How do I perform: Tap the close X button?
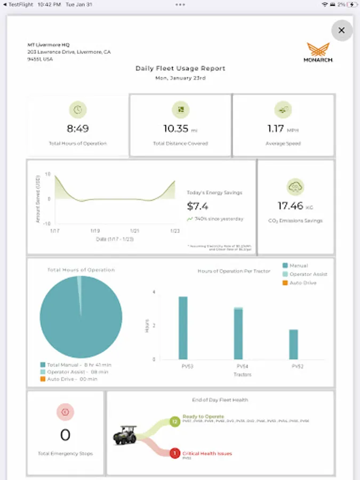tap(342, 30)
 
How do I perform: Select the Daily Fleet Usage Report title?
tap(180, 68)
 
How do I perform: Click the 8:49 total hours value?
tap(78, 129)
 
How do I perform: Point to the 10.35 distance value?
tap(177, 129)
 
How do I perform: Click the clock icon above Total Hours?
tap(78, 109)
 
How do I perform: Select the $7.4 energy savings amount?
tap(198, 206)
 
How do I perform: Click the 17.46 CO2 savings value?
tap(290, 206)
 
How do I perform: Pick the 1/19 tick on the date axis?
tap(95, 231)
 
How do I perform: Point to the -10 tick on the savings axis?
tap(47, 223)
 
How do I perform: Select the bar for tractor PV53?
tap(183, 327)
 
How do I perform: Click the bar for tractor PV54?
tap(238, 333)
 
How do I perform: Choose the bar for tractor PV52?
tap(293, 344)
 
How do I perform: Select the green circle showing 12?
tap(174, 421)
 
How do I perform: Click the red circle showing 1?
tap(174, 453)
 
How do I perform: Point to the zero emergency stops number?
tap(65, 435)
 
